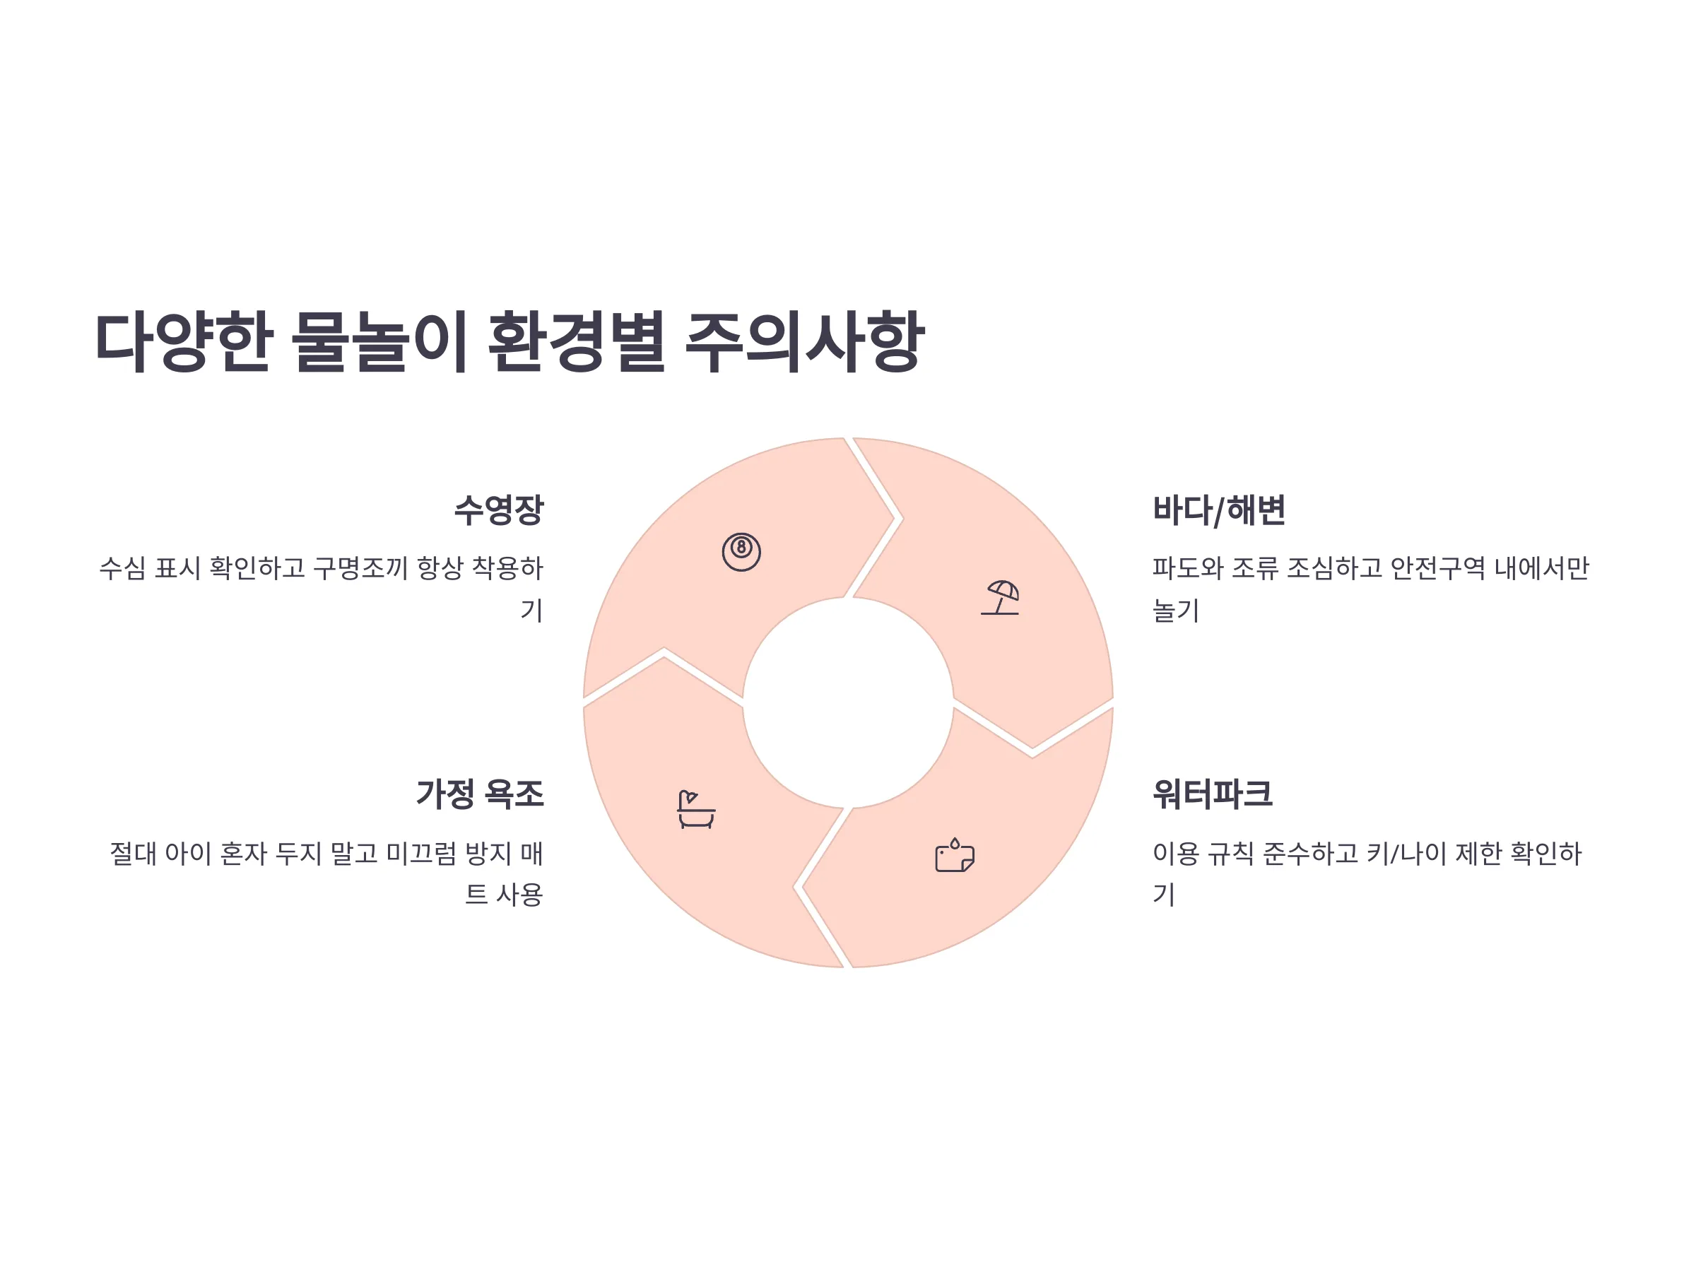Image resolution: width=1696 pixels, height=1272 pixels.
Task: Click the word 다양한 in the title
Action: (184, 342)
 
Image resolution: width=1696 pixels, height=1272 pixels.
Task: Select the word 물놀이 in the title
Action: (379, 342)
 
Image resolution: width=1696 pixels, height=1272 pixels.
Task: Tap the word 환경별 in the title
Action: (576, 342)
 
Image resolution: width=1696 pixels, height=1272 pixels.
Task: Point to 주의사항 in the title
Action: (804, 342)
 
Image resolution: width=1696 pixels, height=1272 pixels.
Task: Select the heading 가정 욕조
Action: (480, 794)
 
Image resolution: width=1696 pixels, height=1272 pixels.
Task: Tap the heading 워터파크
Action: (1213, 794)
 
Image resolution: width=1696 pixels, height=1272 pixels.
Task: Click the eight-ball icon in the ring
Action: (741, 552)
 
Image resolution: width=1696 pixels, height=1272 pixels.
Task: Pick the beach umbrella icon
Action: (1000, 597)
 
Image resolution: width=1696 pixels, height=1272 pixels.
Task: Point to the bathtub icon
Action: (696, 810)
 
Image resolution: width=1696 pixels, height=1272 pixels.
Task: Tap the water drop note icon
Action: (955, 855)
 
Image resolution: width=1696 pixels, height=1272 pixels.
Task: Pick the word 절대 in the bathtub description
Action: (134, 854)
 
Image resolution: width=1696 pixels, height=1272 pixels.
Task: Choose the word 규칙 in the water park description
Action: (1230, 854)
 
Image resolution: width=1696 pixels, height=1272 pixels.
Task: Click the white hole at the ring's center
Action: (848, 702)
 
